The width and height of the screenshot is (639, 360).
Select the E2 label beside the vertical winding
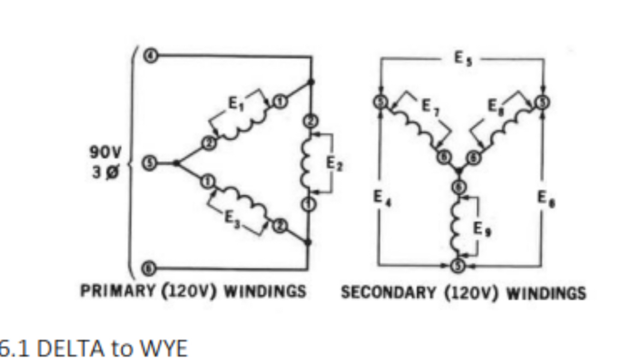pos(334,163)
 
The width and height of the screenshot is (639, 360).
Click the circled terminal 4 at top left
pos(153,56)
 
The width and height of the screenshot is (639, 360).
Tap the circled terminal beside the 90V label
pos(153,163)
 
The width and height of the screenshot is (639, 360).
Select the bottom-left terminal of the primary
pos(153,268)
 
